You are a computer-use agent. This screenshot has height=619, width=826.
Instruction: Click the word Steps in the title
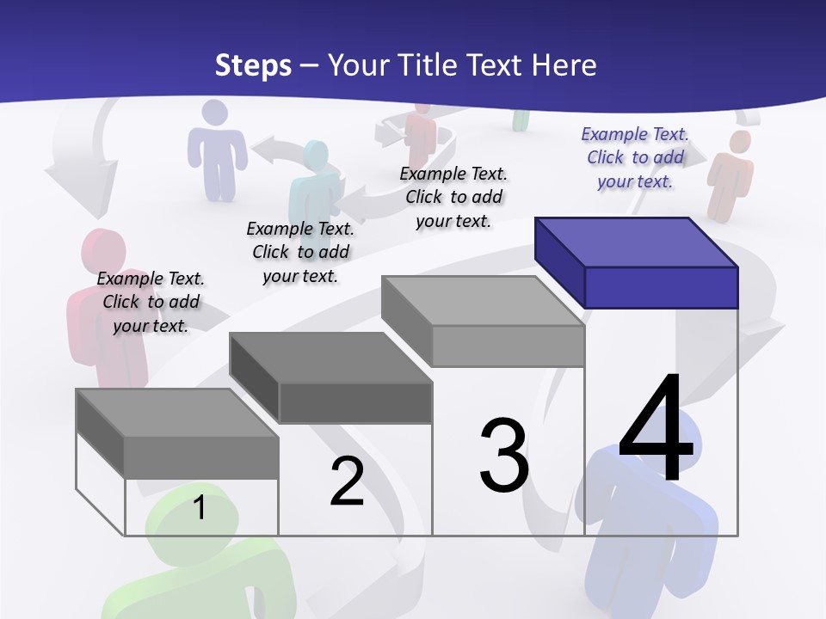253,65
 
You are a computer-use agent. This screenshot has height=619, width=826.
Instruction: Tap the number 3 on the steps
504,456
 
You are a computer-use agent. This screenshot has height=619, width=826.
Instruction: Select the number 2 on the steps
347,481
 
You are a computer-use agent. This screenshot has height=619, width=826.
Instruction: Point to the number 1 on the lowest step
199,507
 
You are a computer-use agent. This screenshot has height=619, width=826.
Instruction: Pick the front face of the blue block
661,287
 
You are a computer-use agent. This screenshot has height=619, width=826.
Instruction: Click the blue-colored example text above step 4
635,157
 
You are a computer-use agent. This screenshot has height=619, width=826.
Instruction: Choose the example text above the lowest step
151,302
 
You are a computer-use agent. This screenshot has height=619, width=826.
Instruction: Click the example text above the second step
300,252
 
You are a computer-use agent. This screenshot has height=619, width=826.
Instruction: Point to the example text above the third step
453,197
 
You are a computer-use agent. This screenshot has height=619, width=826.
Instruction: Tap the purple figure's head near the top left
215,116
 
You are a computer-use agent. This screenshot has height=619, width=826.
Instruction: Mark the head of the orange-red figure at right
738,143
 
